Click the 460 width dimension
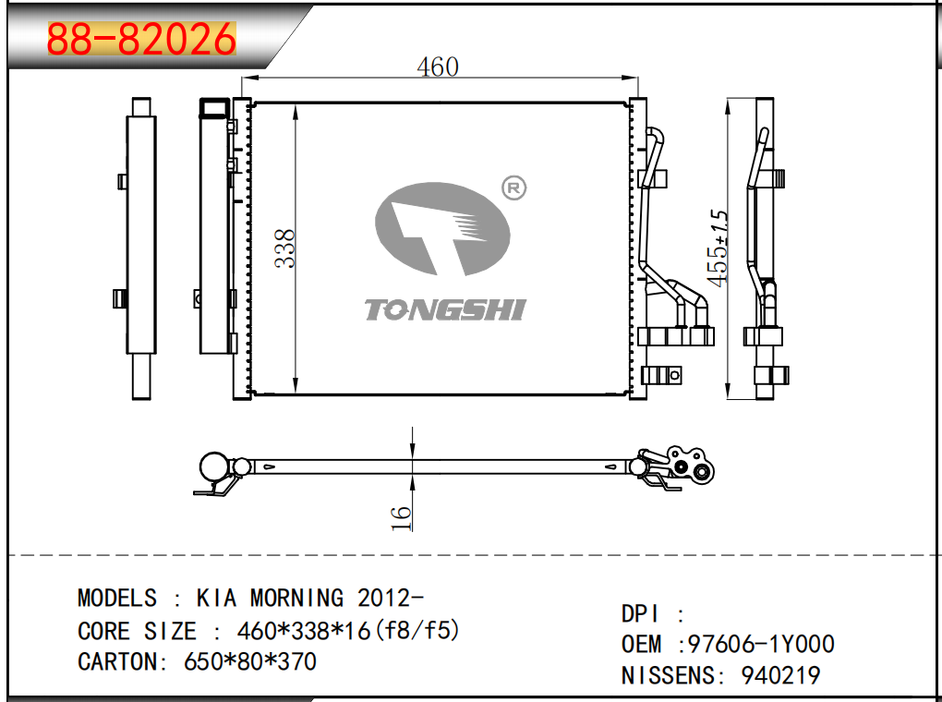coord(437,67)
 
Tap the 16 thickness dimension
coord(401,517)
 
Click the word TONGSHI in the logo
coord(443,309)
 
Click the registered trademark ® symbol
coord(513,188)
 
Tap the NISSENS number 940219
coord(780,675)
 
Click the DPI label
coord(641,614)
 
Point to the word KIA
coord(217,598)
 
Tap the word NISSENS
coord(674,675)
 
